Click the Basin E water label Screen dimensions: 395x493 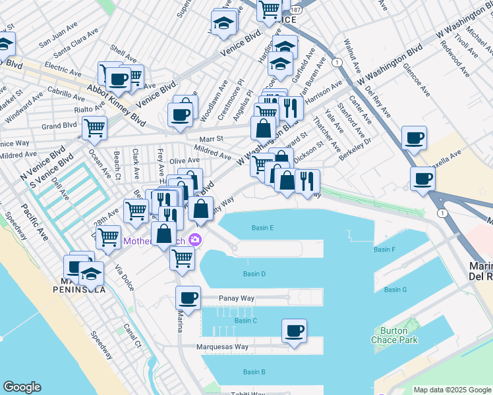(262, 228)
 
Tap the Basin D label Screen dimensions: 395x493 (254, 274)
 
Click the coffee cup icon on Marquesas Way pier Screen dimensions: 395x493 (295, 330)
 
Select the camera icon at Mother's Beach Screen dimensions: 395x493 (194, 240)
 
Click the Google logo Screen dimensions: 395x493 (22, 387)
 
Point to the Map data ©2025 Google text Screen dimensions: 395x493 (452, 390)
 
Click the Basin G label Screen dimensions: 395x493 (395, 290)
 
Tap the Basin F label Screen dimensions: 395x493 (384, 250)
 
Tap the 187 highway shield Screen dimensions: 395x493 (295, 11)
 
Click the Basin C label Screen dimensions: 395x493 (245, 321)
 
